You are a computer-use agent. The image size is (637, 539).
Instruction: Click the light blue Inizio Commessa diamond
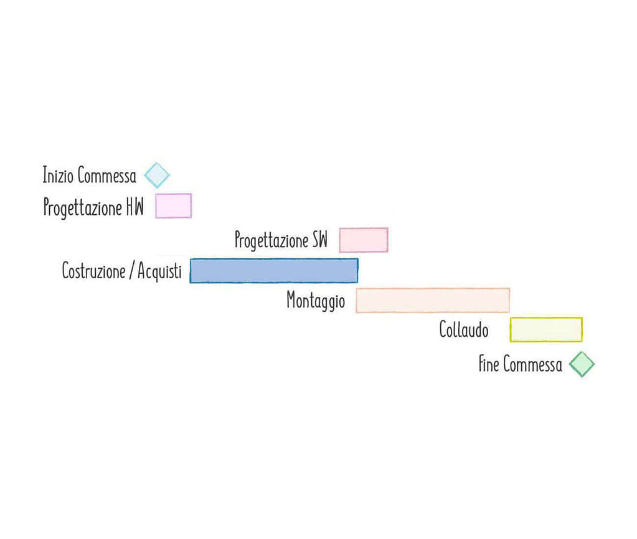coord(157,175)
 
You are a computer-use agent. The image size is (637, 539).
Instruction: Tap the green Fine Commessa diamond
coord(582,364)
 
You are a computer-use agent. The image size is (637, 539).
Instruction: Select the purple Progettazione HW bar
coord(173,206)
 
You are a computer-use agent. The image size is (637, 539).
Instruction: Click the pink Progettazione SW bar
coord(364,240)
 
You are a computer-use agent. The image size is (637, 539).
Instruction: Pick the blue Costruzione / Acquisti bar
coord(274,271)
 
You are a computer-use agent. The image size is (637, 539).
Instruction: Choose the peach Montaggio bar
coord(433,300)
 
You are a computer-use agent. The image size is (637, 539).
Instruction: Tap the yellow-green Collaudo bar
coord(546,329)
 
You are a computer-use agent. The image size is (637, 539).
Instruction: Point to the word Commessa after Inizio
coord(107,176)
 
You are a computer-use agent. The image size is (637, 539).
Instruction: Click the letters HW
coord(134,207)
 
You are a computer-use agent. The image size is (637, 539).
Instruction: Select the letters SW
coord(319,240)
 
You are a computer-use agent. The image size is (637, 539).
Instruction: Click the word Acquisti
coord(159,271)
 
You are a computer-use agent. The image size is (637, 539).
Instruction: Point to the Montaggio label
coord(316,301)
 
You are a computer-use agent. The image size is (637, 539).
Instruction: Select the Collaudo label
coord(464,329)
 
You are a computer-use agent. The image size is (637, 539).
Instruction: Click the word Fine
coord(489,364)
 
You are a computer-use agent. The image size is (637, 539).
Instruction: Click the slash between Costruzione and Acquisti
coord(132,271)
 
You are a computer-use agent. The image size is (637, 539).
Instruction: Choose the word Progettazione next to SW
coord(272,240)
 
